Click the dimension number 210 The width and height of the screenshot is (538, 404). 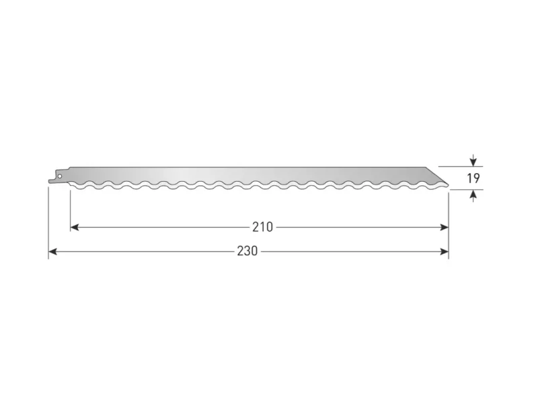[x=262, y=227]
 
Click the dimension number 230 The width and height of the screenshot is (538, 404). [x=247, y=251]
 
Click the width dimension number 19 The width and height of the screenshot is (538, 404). [x=473, y=178]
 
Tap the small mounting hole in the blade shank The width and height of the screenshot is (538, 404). [x=60, y=176]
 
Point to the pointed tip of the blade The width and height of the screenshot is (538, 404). [x=448, y=185]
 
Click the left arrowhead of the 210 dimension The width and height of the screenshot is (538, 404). [x=75, y=227]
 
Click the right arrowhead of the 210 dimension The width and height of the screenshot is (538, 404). [x=445, y=227]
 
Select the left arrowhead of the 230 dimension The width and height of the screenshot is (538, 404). [x=53, y=252]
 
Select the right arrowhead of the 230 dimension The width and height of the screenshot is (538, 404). [x=445, y=252]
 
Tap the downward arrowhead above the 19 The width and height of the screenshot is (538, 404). [x=473, y=162]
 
